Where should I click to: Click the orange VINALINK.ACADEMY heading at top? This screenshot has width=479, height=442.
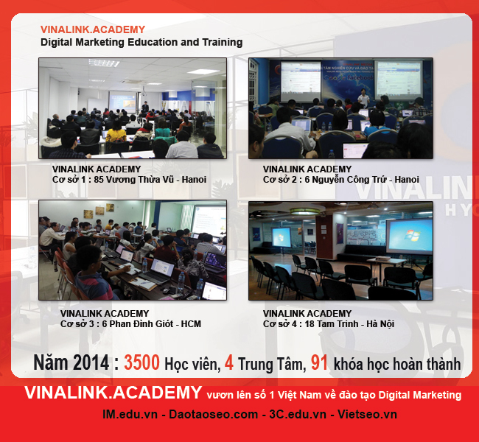[x=93, y=29]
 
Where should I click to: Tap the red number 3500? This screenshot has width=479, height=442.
[x=141, y=362]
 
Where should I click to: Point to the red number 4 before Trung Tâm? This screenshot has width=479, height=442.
[x=228, y=362]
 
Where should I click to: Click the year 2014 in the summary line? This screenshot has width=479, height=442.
[x=91, y=362]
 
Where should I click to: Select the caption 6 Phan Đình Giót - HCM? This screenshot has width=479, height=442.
[x=152, y=324]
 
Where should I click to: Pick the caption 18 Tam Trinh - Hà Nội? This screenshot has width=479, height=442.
[x=349, y=324]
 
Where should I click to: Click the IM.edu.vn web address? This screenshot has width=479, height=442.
[x=130, y=415]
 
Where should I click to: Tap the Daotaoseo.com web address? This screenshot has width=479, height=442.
[x=213, y=415]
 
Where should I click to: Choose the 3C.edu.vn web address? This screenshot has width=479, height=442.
[x=298, y=415]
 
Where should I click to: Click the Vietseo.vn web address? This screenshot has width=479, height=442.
[x=367, y=415]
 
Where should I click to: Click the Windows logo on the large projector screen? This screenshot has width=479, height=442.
[x=412, y=236]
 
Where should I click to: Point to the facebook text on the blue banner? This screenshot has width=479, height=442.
[x=360, y=77]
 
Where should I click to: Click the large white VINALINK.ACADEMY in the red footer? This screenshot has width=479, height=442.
[x=113, y=393]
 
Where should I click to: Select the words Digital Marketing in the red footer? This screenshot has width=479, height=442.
[x=420, y=395]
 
